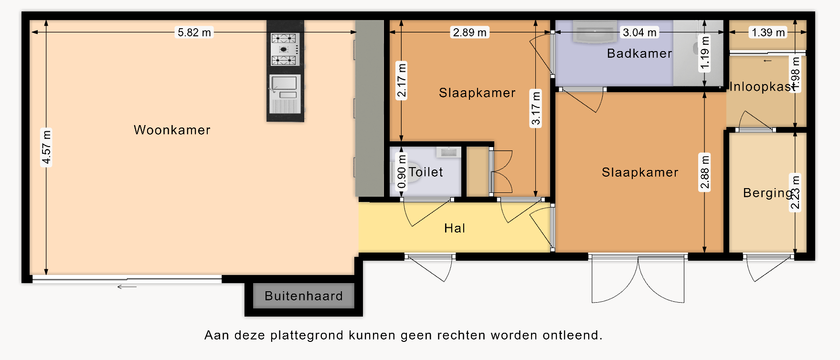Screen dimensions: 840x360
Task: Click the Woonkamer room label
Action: tap(172, 130)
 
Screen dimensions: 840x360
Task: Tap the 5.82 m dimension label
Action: tap(194, 32)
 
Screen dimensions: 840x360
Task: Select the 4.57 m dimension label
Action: tap(46, 147)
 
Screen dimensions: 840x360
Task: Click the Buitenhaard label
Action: tap(304, 296)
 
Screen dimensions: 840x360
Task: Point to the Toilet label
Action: tap(426, 172)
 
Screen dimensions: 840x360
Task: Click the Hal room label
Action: tap(455, 228)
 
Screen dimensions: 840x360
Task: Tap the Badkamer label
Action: tap(639, 53)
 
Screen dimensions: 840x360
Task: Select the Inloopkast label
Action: tap(763, 86)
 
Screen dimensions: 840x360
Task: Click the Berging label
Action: tap(768, 193)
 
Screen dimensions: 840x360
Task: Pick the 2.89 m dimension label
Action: tap(470, 32)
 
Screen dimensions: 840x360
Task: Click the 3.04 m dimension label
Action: tap(639, 32)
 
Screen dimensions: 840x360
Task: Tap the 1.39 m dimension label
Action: tap(768, 32)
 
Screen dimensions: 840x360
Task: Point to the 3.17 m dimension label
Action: tap(536, 108)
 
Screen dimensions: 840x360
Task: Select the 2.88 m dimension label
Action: tap(705, 172)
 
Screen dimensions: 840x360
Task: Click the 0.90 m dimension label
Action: tap(402, 171)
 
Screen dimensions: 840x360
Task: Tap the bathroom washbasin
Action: tap(595, 32)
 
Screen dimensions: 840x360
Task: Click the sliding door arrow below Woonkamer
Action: tap(127, 287)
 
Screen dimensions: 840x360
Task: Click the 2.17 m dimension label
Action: tap(402, 80)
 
